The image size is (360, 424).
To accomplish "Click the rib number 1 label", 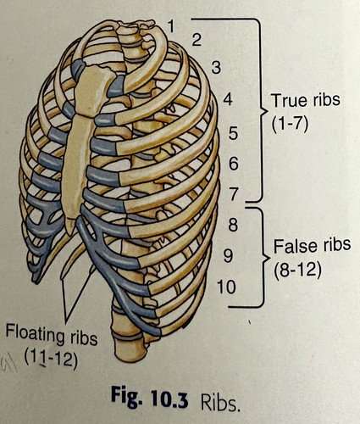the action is (171, 26).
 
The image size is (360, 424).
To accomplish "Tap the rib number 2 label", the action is (197, 40).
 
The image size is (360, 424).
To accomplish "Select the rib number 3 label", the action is (216, 68).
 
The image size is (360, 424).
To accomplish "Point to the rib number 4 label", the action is (228, 99).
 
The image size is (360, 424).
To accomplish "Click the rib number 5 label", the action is (233, 133).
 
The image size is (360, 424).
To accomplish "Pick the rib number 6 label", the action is (234, 164).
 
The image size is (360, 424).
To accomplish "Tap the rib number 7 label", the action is (234, 194).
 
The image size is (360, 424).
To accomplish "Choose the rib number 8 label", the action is (233, 226).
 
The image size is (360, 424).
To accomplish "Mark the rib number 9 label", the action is (229, 256).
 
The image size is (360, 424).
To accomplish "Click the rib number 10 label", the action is (226, 287).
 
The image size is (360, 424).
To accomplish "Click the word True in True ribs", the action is (285, 100).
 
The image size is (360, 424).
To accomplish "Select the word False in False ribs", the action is (291, 245).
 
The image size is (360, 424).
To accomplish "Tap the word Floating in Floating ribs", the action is (36, 335).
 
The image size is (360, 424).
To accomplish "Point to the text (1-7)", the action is (290, 124).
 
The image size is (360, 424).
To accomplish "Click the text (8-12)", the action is (297, 270).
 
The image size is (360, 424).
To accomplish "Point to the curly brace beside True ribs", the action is (260, 110).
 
